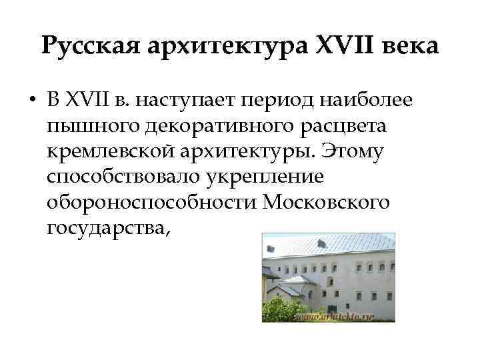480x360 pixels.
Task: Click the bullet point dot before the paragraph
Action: click(x=32, y=101)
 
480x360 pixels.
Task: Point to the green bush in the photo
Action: click(x=280, y=308)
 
